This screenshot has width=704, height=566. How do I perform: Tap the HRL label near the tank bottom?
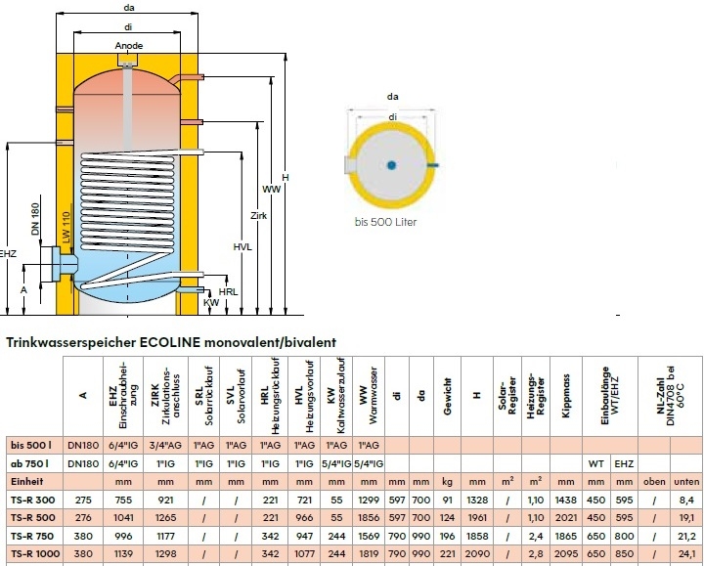pyautogui.click(x=229, y=291)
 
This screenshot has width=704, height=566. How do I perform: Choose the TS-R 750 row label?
pyautogui.click(x=32, y=536)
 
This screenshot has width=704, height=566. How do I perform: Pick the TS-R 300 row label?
pyautogui.click(x=32, y=500)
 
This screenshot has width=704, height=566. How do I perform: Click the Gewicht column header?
pyautogui.click(x=448, y=392)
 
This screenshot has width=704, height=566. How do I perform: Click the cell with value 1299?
pyautogui.click(x=368, y=500)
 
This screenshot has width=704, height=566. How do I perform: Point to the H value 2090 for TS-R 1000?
pyautogui.click(x=477, y=554)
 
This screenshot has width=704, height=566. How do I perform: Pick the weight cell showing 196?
pyautogui.click(x=448, y=536)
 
